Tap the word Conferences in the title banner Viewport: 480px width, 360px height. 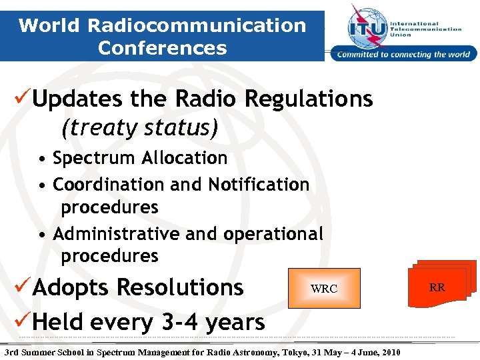(x=162, y=48)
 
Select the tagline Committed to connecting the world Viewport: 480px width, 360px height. (x=404, y=55)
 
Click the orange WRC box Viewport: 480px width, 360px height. (x=324, y=288)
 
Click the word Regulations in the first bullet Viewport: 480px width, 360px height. (x=309, y=99)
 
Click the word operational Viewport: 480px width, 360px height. (x=273, y=234)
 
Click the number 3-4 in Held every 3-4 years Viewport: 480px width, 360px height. (x=178, y=322)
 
